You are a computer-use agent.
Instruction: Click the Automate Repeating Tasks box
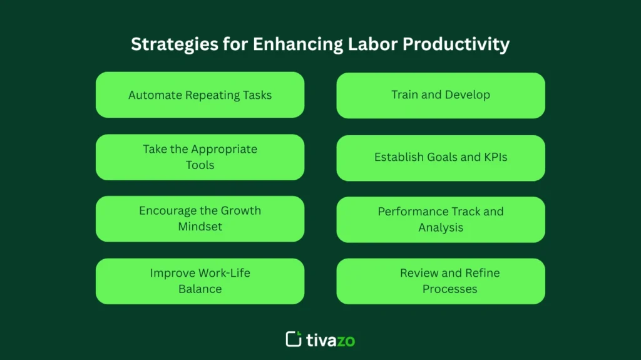[200, 95]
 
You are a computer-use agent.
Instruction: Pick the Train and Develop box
[441, 95]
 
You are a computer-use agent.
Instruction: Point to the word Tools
[200, 165]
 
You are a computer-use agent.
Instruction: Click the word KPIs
[493, 157]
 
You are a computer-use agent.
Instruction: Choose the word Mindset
[200, 227]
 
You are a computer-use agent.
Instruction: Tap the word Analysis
[441, 227]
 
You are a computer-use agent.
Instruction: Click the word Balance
[200, 289]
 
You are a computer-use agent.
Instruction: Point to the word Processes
[449, 289]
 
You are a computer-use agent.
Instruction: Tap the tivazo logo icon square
[294, 339]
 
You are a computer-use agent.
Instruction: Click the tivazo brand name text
[331, 340]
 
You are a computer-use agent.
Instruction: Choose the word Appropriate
[223, 149]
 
